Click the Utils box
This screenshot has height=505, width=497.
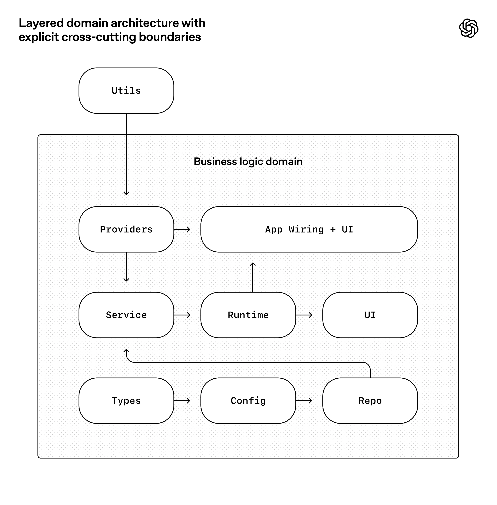[x=126, y=91]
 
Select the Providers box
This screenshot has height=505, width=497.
[x=126, y=229]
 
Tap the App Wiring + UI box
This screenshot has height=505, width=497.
[x=309, y=229]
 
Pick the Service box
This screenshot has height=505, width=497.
[x=126, y=315]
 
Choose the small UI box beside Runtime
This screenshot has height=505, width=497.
[x=370, y=315]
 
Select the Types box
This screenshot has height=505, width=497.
[x=126, y=401]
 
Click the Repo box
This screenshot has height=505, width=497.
[x=370, y=401]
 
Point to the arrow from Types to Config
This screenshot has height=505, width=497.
[x=182, y=401]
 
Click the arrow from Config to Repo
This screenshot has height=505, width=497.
[x=304, y=401]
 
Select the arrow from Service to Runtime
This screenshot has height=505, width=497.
[x=182, y=315]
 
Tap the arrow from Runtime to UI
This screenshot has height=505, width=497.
[x=304, y=315]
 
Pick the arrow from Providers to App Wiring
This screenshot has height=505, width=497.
[x=182, y=229]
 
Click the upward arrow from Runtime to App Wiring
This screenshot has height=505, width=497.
[x=253, y=277]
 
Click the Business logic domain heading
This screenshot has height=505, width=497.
[x=248, y=162]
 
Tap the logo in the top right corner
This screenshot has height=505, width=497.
[x=469, y=28]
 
